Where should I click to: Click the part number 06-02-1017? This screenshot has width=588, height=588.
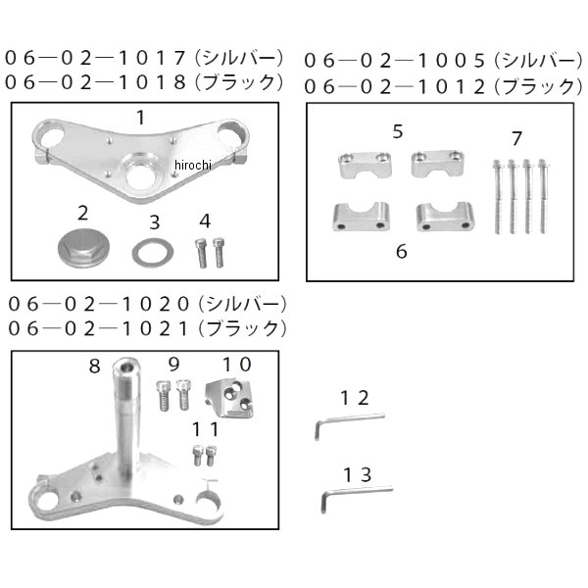pyautogui.click(x=96, y=58)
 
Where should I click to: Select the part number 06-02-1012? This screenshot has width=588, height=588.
pyautogui.click(x=395, y=87)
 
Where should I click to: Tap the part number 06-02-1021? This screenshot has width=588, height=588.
pyautogui.click(x=98, y=329)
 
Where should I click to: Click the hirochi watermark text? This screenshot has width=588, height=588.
pyautogui.click(x=193, y=165)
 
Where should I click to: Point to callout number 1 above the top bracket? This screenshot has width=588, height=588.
pyautogui.click(x=140, y=118)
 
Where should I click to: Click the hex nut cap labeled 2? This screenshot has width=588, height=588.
pyautogui.click(x=83, y=248)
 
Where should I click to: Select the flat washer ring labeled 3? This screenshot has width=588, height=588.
pyautogui.click(x=153, y=253)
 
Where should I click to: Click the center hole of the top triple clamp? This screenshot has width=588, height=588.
pyautogui.click(x=140, y=176)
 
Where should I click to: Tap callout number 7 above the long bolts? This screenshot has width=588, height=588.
pyautogui.click(x=516, y=138)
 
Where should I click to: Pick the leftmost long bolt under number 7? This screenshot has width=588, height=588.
pyautogui.click(x=497, y=197)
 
